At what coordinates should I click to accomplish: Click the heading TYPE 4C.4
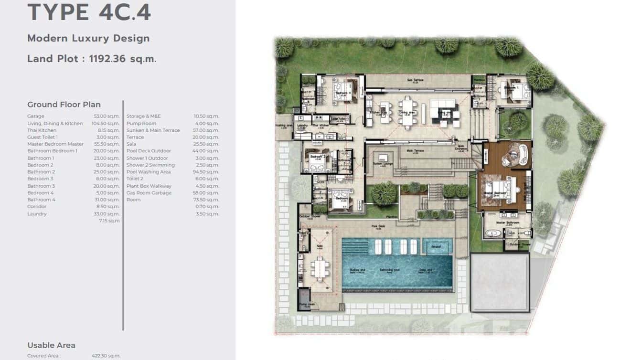tap(89, 13)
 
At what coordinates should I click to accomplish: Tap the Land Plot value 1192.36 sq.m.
tap(123, 59)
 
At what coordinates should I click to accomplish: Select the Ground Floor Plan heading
tap(64, 105)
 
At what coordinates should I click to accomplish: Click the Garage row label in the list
tap(36, 116)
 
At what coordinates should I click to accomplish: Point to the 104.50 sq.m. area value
tap(107, 123)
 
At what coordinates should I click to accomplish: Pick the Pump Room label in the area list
tap(141, 123)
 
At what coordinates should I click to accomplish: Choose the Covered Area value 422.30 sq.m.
tap(106, 356)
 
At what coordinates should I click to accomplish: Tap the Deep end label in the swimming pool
tap(426, 271)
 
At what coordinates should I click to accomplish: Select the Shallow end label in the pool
tap(357, 271)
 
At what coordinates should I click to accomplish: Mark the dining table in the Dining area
tap(407, 112)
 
